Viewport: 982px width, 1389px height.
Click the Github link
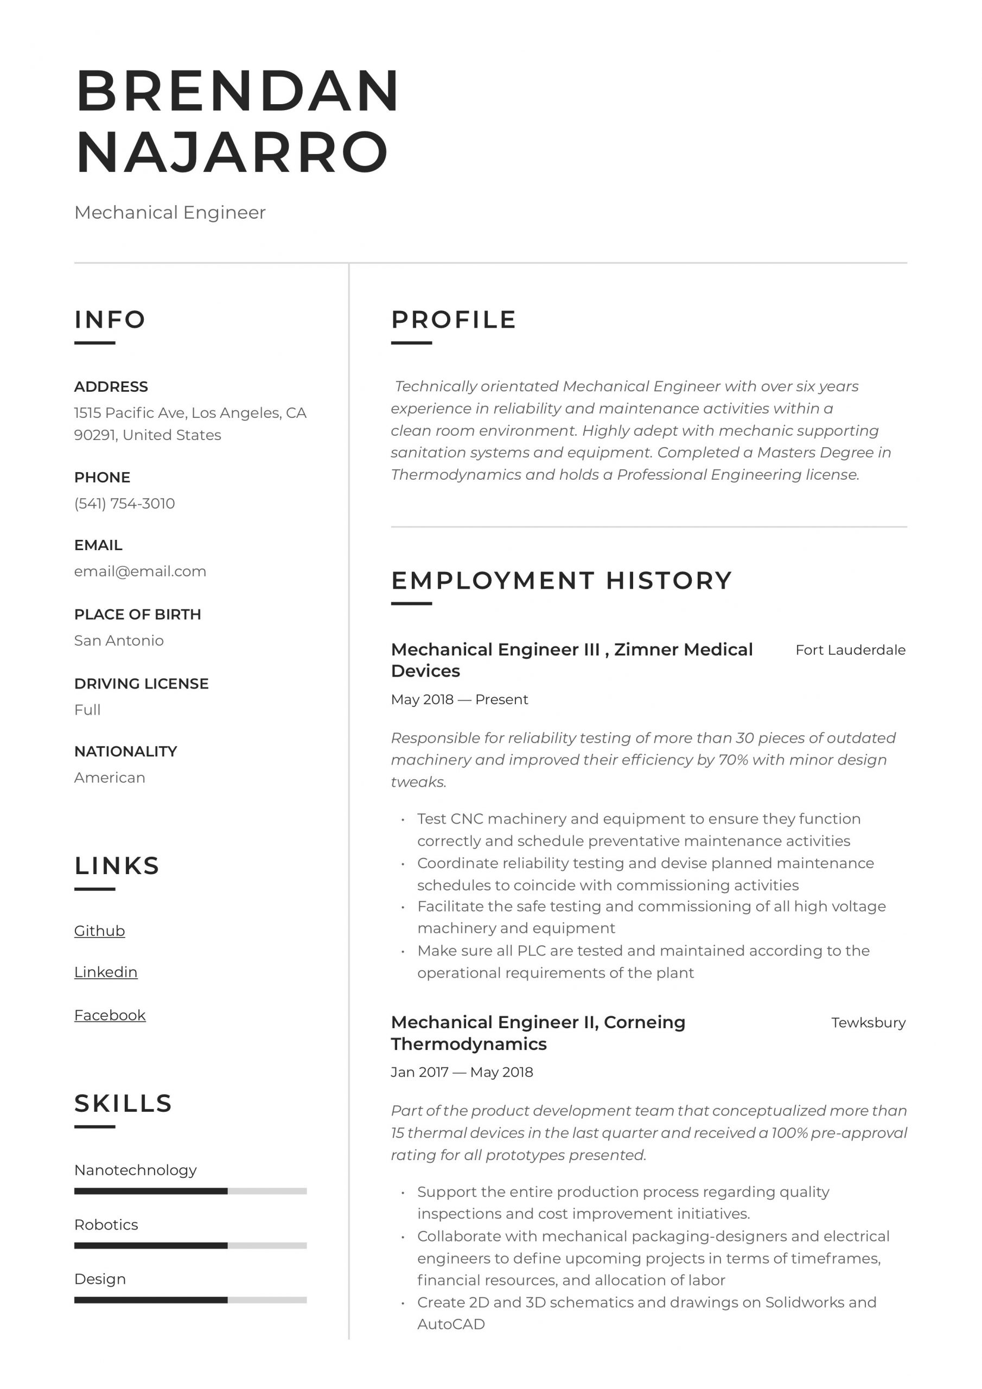pyautogui.click(x=99, y=931)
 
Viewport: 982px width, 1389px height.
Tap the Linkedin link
pyautogui.click(x=106, y=972)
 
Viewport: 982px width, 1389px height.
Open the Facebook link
pyautogui.click(x=110, y=1015)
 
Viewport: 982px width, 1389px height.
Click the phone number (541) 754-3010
pyautogui.click(x=124, y=504)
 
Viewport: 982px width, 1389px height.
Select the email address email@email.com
pyautogui.click(x=140, y=571)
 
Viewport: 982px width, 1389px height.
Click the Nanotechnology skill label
pyautogui.click(x=135, y=1170)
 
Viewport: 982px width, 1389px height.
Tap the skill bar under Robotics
pyautogui.click(x=190, y=1246)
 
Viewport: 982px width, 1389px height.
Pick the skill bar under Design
pyautogui.click(x=190, y=1300)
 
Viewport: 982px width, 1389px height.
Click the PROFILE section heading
pyautogui.click(x=453, y=320)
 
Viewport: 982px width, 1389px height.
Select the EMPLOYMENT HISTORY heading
pyautogui.click(x=561, y=580)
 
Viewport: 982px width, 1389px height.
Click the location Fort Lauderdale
pyautogui.click(x=850, y=651)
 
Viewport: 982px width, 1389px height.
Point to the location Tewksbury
pyautogui.click(x=868, y=1023)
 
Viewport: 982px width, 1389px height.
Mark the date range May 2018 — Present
pyautogui.click(x=459, y=699)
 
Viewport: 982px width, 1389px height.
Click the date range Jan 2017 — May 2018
pyautogui.click(x=462, y=1072)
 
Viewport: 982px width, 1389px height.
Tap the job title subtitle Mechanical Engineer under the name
pyautogui.click(x=169, y=212)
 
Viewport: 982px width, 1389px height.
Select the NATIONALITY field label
pyautogui.click(x=125, y=751)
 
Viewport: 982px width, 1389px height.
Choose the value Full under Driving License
pyautogui.click(x=87, y=710)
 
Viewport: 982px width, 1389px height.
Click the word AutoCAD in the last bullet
pyautogui.click(x=451, y=1324)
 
